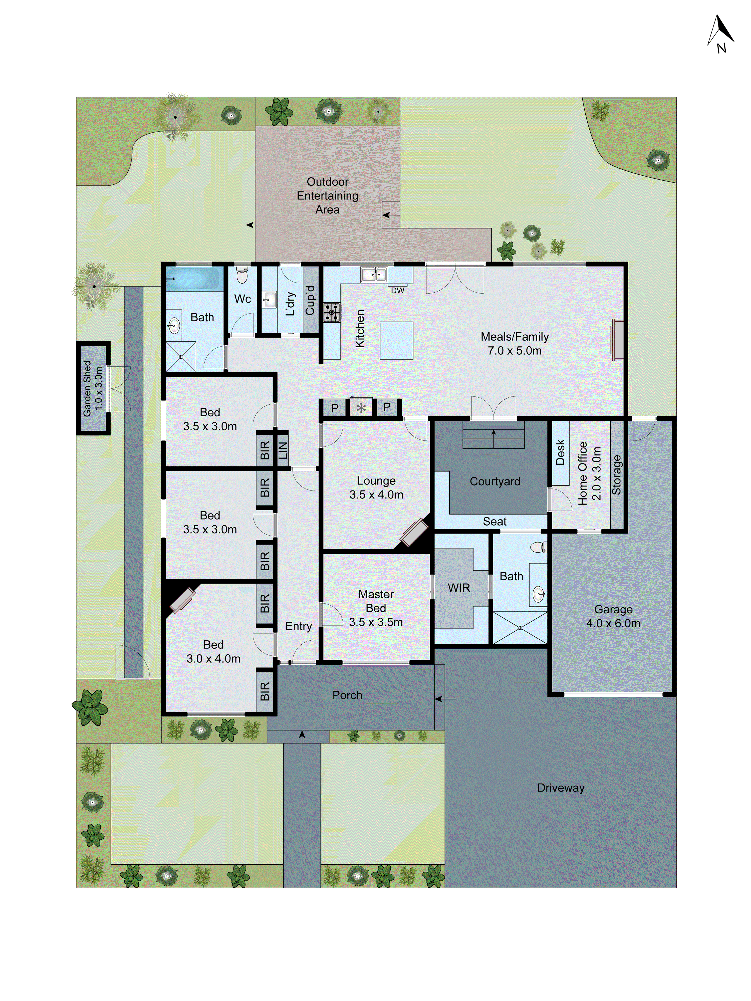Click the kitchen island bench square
(396, 340)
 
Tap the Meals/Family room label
(515, 344)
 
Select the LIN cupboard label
(282, 450)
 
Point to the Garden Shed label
(93, 388)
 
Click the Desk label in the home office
(560, 452)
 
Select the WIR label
(459, 588)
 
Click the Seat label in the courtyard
(494, 521)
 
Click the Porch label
(347, 695)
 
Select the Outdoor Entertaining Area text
(328, 195)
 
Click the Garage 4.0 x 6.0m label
(613, 616)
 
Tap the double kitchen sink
(374, 275)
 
